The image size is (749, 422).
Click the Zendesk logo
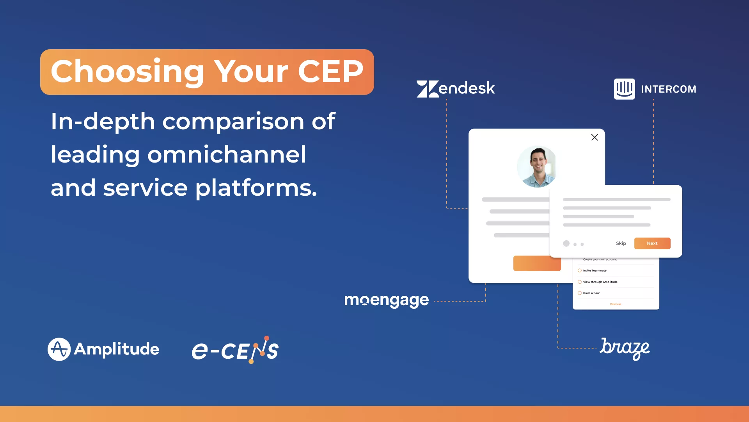(x=456, y=89)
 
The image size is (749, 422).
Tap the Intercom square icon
(x=624, y=89)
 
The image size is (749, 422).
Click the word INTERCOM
(x=669, y=89)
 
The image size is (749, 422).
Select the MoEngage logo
(x=386, y=300)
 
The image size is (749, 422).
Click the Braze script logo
(x=624, y=348)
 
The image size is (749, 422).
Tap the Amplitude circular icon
(x=59, y=349)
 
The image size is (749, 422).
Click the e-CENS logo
(x=235, y=350)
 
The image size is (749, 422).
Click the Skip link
(x=621, y=243)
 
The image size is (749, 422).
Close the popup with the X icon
(x=595, y=137)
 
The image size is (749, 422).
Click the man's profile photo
(x=537, y=166)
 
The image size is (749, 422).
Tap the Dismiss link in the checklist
(x=616, y=304)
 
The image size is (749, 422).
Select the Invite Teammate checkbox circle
(x=580, y=270)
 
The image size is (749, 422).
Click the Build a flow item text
(x=591, y=293)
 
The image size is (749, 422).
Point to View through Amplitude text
(x=600, y=282)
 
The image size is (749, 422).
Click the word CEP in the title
(x=330, y=72)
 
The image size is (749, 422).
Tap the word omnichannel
(x=227, y=155)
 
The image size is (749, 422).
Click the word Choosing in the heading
(x=128, y=72)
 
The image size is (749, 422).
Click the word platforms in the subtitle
(x=256, y=188)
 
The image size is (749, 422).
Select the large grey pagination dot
(x=566, y=243)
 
